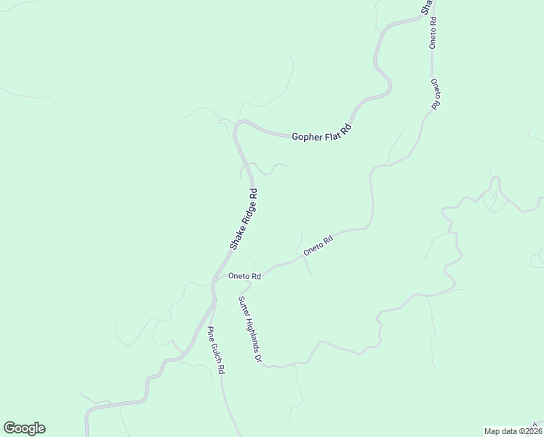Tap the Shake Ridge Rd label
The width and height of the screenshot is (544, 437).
(244, 220)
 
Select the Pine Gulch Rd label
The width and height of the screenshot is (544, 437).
(216, 350)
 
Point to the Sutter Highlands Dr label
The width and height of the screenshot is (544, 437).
(249, 330)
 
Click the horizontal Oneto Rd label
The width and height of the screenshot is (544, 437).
(244, 276)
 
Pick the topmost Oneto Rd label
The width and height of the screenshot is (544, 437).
(433, 32)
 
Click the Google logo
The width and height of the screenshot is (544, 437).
(24, 428)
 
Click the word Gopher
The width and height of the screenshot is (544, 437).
(307, 136)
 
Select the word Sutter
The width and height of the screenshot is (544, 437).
(242, 305)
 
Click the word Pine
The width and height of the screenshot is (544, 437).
(211, 334)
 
